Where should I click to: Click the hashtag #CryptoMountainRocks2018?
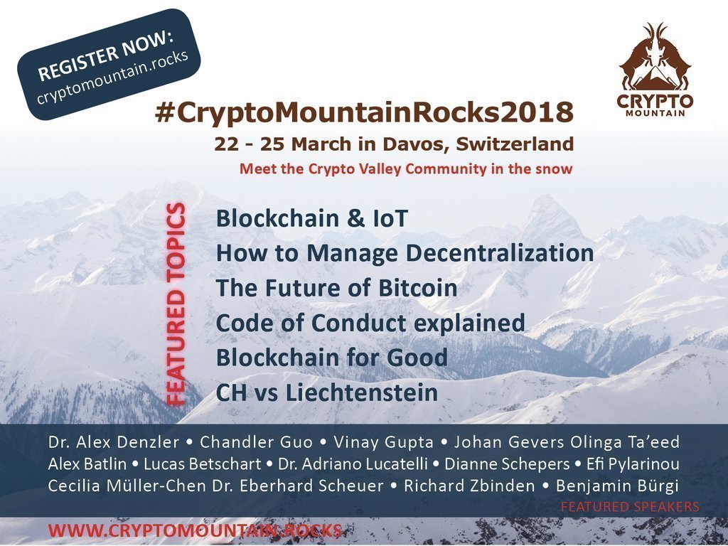pyautogui.click(x=363, y=112)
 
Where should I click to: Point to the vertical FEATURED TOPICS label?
pyautogui.click(x=176, y=304)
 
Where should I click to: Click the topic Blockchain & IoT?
pyautogui.click(x=312, y=218)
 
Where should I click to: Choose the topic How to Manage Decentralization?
pyautogui.click(x=405, y=253)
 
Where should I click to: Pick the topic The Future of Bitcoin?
pyautogui.click(x=336, y=288)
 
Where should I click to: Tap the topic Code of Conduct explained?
pyautogui.click(x=370, y=323)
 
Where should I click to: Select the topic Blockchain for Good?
pyautogui.click(x=331, y=358)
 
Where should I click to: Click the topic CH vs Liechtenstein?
pyautogui.click(x=326, y=392)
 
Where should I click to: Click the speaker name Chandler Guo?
pyautogui.click(x=257, y=442)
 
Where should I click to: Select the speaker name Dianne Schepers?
pyautogui.click(x=523, y=464)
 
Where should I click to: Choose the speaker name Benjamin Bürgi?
pyautogui.click(x=617, y=486)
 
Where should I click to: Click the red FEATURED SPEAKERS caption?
pyautogui.click(x=630, y=507)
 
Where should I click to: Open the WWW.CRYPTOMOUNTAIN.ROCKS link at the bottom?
pyautogui.click(x=194, y=530)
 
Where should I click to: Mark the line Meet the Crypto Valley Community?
pyautogui.click(x=405, y=170)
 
